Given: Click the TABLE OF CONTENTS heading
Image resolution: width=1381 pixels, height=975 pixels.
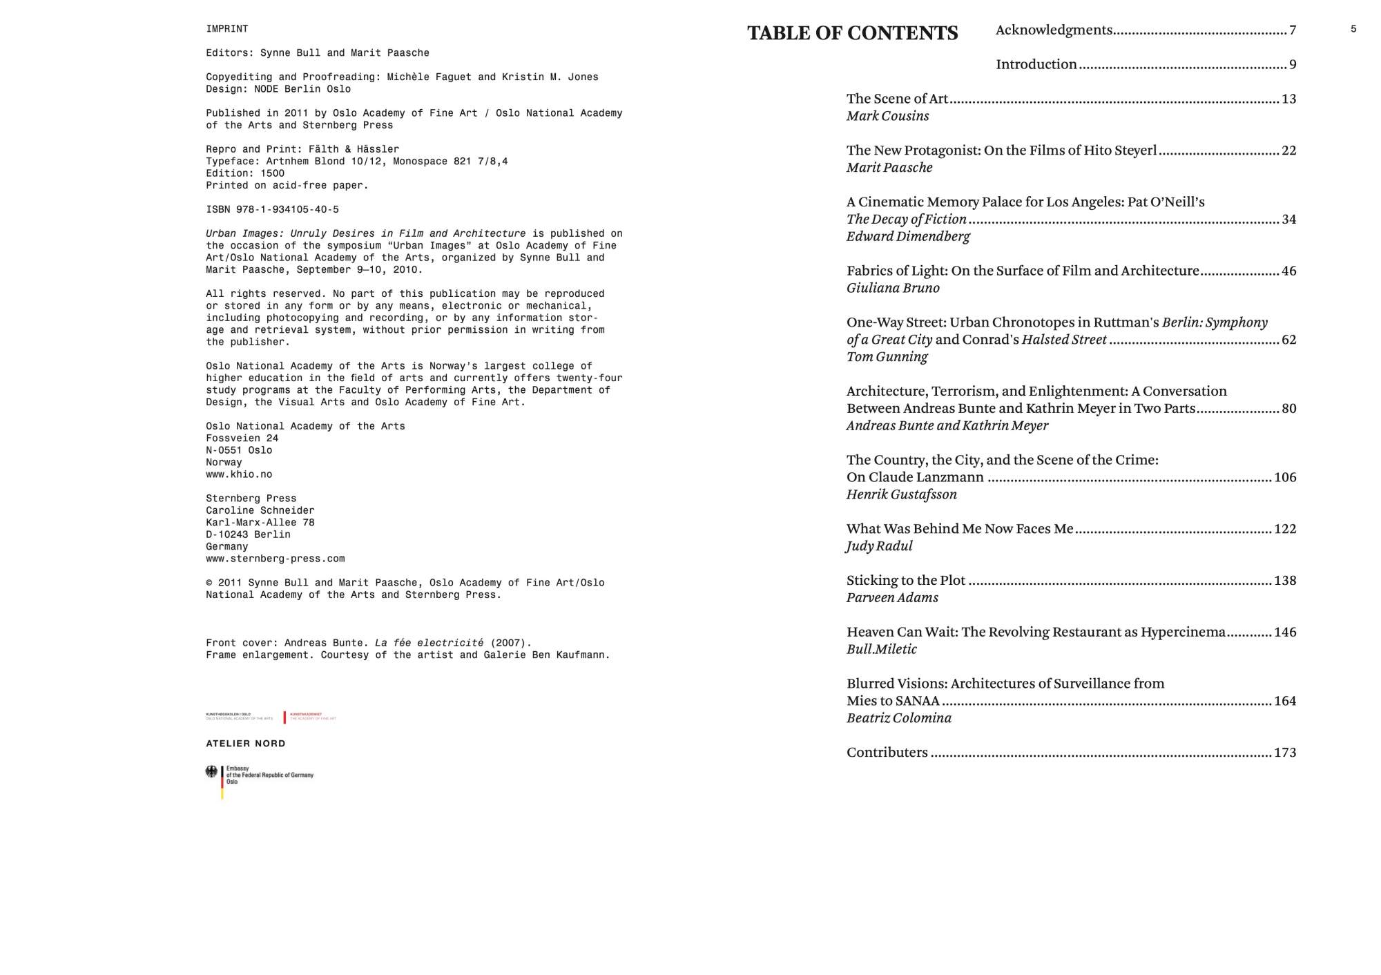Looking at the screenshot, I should click(852, 33).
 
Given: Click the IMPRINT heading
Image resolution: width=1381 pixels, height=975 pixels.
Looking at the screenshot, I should click(226, 29).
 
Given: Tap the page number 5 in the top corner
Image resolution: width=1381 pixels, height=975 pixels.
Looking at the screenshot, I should click(1353, 29).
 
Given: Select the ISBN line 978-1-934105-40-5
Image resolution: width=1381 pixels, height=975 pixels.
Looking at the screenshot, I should click(272, 210).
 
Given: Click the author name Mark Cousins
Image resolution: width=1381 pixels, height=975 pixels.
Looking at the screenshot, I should click(887, 116).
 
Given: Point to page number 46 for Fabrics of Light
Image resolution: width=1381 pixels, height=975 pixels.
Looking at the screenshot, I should click(1288, 271).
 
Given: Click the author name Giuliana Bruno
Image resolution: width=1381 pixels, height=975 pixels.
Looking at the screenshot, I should click(893, 288).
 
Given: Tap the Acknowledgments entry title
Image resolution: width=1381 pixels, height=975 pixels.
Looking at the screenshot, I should click(1054, 30).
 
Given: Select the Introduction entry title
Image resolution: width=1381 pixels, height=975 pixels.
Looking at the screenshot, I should click(1036, 64).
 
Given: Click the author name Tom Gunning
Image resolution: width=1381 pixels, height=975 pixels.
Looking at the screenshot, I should click(887, 357).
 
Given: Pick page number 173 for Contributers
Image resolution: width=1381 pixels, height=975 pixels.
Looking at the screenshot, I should click(1284, 753).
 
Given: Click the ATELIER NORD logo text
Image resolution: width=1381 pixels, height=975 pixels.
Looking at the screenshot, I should click(245, 744).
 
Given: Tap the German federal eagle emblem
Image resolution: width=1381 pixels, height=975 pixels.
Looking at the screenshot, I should click(211, 772).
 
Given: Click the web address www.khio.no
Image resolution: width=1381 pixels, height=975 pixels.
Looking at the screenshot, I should click(239, 475).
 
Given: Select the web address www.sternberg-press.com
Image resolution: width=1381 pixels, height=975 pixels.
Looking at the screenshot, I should click(275, 559).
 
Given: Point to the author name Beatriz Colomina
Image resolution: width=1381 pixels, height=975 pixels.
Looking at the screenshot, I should click(898, 718).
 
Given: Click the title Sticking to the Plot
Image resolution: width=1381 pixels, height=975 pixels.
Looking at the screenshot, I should click(905, 581).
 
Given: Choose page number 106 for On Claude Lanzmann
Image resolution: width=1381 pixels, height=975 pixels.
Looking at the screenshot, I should click(1284, 478).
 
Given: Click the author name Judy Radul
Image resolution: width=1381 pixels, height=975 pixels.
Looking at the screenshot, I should click(879, 546).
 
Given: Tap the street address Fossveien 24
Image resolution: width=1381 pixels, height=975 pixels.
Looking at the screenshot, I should click(242, 438).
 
